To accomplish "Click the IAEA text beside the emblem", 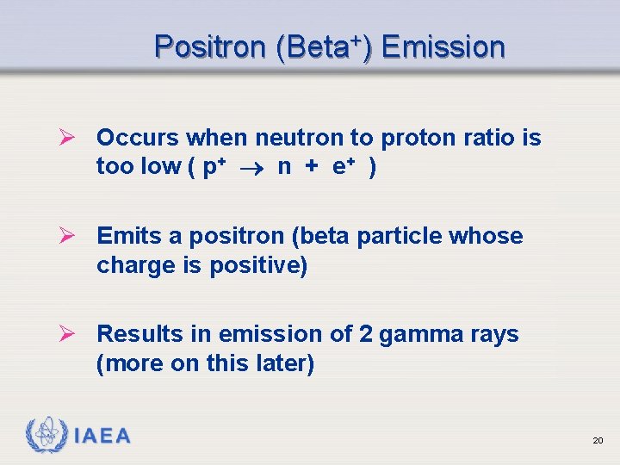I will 102,437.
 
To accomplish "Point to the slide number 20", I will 598,441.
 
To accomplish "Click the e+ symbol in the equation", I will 345,167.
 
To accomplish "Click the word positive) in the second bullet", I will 259,265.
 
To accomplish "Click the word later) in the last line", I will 284,363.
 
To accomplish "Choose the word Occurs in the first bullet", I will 139,138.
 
